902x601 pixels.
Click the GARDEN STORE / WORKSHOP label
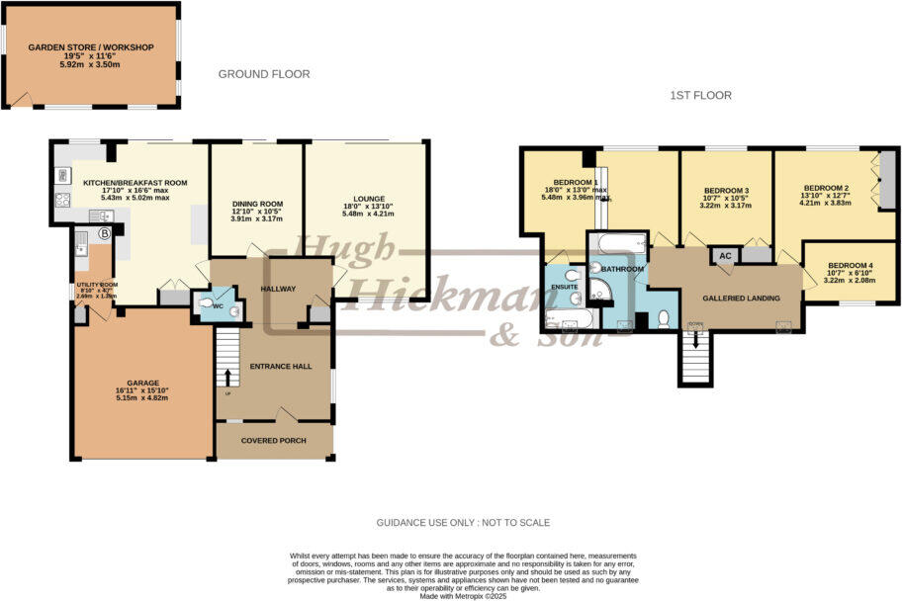coord(90,46)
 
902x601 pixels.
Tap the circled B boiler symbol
coord(104,233)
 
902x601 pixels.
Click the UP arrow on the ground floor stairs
coord(228,377)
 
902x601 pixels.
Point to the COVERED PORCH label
coord(274,440)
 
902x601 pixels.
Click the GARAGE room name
coord(142,383)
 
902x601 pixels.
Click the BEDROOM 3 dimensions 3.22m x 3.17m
coord(726,208)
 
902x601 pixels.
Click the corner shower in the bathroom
coord(599,288)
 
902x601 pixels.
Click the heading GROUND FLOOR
coord(263,74)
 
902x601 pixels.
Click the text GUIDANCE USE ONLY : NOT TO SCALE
coord(463,522)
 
